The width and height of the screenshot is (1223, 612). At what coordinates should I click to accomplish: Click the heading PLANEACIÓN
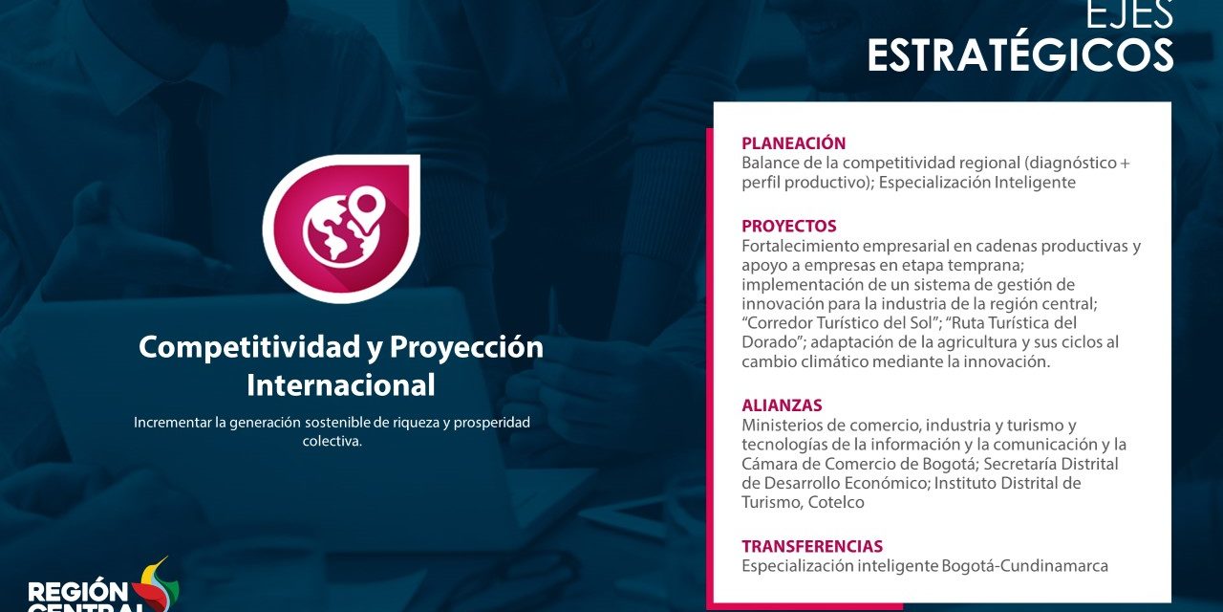click(793, 143)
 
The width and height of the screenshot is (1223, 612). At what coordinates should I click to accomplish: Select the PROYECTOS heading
click(789, 226)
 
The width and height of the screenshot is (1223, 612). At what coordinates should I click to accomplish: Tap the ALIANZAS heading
click(782, 404)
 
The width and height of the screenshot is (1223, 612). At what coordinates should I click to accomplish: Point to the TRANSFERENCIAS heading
click(812, 546)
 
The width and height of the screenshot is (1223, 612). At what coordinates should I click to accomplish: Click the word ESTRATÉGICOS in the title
click(1019, 55)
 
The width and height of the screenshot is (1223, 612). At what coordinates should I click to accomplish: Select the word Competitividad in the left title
click(250, 347)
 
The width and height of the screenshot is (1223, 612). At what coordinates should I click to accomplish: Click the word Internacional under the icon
click(341, 384)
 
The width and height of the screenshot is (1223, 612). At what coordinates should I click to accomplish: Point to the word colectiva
click(332, 441)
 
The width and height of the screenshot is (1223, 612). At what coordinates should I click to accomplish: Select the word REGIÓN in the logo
click(77, 592)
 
